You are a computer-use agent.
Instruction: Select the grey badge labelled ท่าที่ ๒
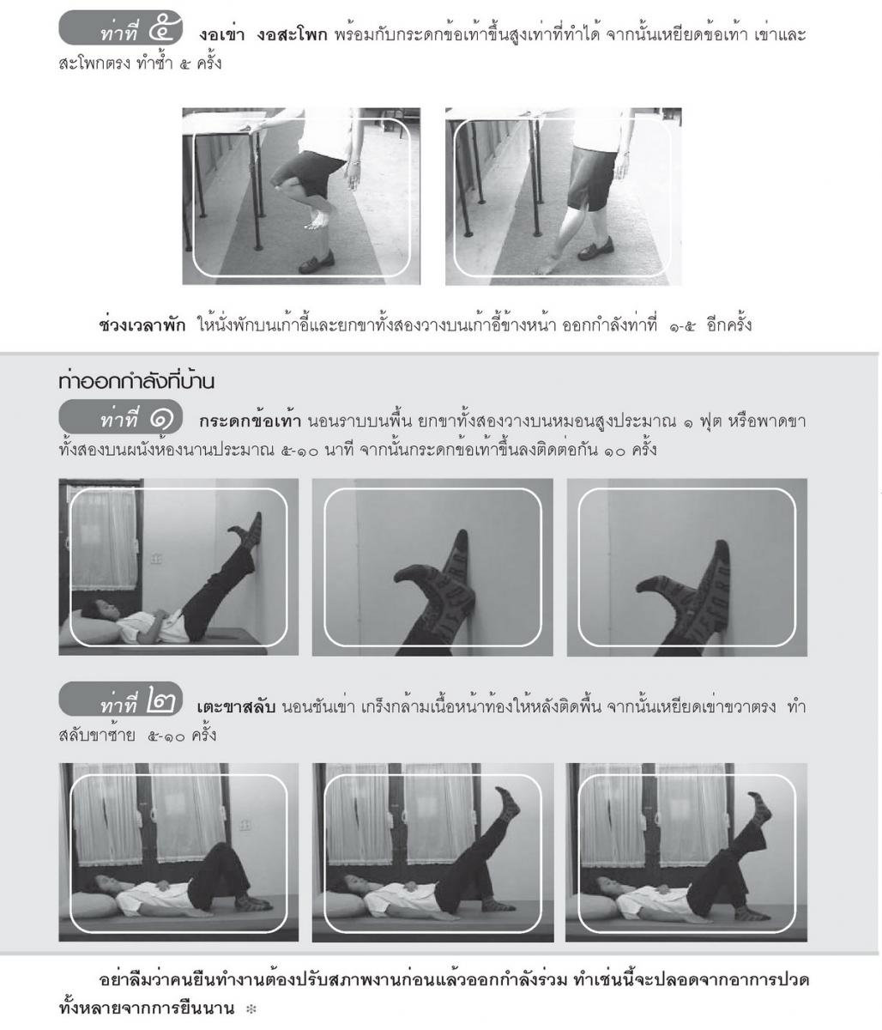pyautogui.click(x=120, y=699)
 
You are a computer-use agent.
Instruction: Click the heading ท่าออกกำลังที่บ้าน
pyautogui.click(x=136, y=381)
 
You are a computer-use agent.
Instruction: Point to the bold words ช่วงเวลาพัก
pyautogui.click(x=142, y=325)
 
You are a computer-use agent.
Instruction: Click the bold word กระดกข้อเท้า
pyautogui.click(x=250, y=421)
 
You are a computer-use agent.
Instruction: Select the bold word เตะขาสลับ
pyautogui.click(x=236, y=706)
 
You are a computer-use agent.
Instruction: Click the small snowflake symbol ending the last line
pyautogui.click(x=251, y=1009)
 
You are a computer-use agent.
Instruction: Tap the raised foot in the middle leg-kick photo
pyautogui.click(x=507, y=800)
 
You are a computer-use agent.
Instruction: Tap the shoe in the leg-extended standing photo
pyautogui.click(x=595, y=249)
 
